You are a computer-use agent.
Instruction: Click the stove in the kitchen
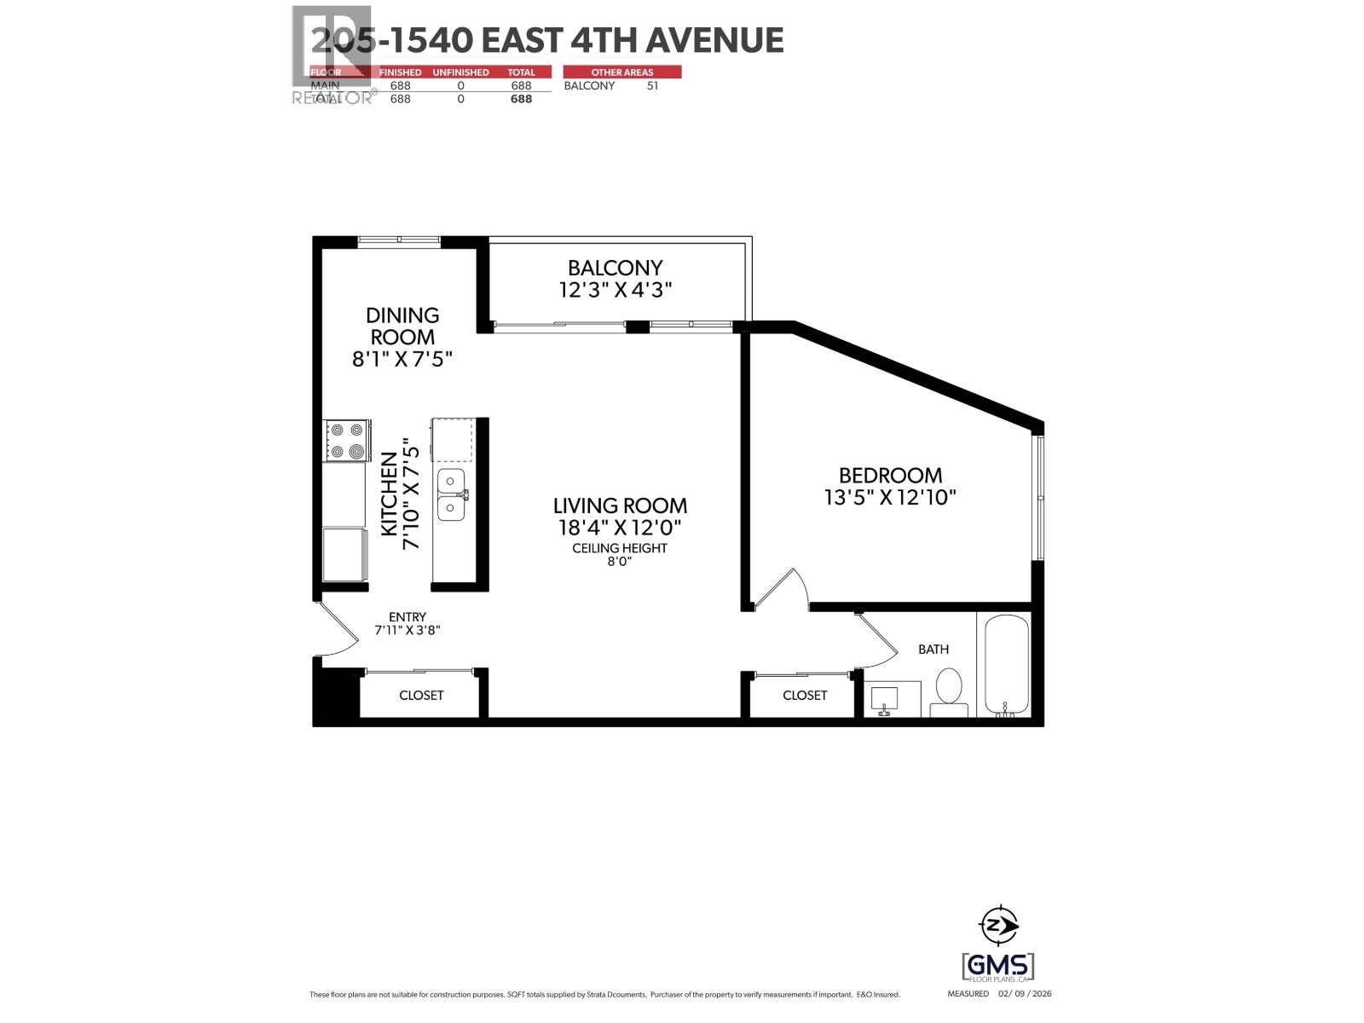pos(346,441)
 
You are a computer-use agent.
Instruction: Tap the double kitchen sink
pos(451,494)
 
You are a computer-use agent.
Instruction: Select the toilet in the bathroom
pos(949,691)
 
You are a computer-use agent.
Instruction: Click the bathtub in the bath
pos(1006,665)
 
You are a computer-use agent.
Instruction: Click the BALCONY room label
pos(616,268)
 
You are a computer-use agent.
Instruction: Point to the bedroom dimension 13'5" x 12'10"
pos(890,497)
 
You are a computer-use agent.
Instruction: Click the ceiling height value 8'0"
pos(619,562)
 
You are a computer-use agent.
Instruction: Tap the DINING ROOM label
pos(402,326)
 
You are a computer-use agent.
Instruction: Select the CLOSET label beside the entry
pos(421,695)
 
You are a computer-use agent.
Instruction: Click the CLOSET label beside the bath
pos(805,695)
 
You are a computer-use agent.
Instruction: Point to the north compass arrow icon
pos(998,923)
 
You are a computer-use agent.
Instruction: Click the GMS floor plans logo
pos(998,967)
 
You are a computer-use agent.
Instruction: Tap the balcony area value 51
pos(652,85)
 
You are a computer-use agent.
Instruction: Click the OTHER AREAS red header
pos(622,72)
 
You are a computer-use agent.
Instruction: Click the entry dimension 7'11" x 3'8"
pos(407,631)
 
